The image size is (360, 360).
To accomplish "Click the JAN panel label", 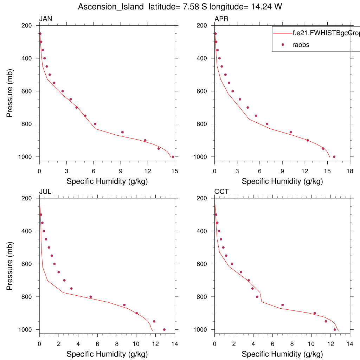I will pyautogui.click(x=46, y=19).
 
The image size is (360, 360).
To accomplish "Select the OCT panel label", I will pyautogui.click(x=221, y=192).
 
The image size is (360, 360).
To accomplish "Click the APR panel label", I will pyautogui.click(x=221, y=19).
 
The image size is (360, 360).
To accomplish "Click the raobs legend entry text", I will pyautogui.click(x=301, y=45).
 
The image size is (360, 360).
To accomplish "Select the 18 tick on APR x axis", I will pyautogui.click(x=350, y=171).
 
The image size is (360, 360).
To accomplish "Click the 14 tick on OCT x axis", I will pyautogui.click(x=350, y=343).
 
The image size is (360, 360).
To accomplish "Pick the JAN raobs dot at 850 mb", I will pyautogui.click(x=122, y=132).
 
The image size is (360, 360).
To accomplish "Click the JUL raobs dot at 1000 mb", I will pyautogui.click(x=164, y=329).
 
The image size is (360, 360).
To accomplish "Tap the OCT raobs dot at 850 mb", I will pyautogui.click(x=282, y=305).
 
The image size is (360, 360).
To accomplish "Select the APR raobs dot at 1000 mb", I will pyautogui.click(x=334, y=157).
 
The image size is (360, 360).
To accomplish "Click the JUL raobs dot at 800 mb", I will pyautogui.click(x=91, y=297).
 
